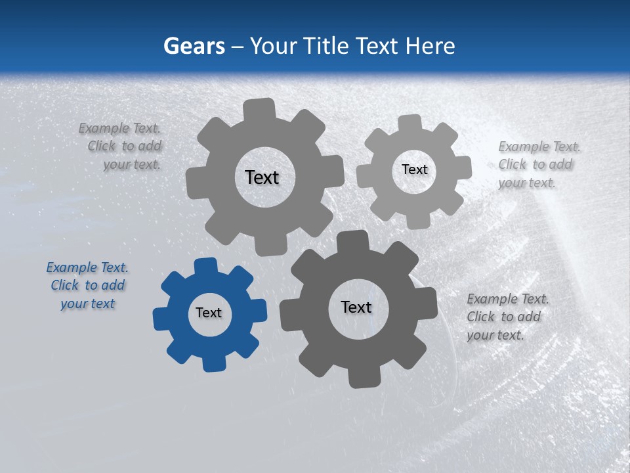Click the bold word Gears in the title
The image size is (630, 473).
194,46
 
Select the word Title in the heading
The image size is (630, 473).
328,46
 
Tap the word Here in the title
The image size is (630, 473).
430,46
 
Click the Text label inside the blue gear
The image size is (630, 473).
209,313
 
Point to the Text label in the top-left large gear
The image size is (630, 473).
262,177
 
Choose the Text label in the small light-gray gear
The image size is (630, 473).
414,169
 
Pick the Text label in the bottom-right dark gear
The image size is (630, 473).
356,307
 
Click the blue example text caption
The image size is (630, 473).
87,286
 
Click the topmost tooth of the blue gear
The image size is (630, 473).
206,265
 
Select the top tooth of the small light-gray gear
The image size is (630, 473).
409,123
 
